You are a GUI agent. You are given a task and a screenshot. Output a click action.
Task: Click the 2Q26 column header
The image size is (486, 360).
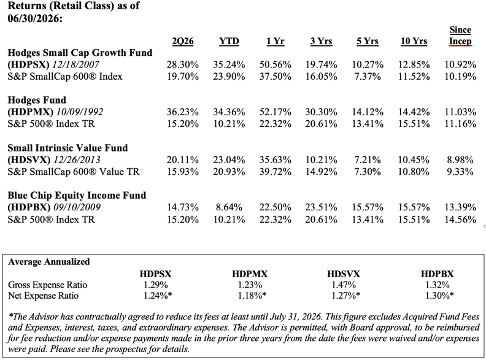pyautogui.click(x=183, y=42)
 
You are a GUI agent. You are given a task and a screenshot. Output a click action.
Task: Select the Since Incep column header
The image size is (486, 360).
pyautogui.click(x=460, y=36)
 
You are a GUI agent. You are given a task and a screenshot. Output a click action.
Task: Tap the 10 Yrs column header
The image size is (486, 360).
pyautogui.click(x=414, y=41)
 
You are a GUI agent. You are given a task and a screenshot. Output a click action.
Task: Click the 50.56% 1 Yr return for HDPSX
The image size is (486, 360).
pyautogui.click(x=276, y=65)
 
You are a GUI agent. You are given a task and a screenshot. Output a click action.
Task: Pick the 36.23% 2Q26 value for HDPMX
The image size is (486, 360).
pyautogui.click(x=183, y=112)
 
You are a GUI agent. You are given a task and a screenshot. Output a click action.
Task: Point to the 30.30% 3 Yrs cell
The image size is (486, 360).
pyautogui.click(x=321, y=112)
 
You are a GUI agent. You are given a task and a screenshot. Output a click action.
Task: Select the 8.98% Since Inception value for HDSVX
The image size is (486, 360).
pyautogui.click(x=460, y=160)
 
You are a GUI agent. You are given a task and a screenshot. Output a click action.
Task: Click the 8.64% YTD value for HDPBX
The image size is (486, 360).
pyautogui.click(x=229, y=207)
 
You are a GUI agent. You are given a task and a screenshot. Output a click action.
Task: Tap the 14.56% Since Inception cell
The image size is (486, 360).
pyautogui.click(x=460, y=220)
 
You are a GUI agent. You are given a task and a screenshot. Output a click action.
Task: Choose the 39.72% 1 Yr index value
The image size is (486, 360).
pyautogui.click(x=276, y=172)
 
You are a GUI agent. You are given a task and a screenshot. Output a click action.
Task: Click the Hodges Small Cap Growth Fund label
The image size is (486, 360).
pyautogui.click(x=80, y=53)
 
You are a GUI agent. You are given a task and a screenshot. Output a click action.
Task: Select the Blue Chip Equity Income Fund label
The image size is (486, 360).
pyautogui.click(x=77, y=196)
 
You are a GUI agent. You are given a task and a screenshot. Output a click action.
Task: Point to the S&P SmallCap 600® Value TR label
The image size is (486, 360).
pyautogui.click(x=74, y=172)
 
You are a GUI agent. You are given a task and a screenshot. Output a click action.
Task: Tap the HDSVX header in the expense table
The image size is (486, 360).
pyautogui.click(x=344, y=274)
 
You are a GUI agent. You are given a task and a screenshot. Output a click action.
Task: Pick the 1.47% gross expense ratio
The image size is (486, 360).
pyautogui.click(x=344, y=285)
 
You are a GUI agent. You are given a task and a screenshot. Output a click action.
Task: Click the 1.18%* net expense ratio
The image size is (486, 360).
pyautogui.click(x=252, y=296)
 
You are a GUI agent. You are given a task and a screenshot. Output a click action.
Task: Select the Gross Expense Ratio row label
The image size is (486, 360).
pyautogui.click(x=47, y=285)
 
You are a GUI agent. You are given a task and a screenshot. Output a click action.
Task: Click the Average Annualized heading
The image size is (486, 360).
pyautogui.click(x=49, y=262)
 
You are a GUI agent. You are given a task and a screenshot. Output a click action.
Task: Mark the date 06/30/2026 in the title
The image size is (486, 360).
pyautogui.click(x=35, y=18)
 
